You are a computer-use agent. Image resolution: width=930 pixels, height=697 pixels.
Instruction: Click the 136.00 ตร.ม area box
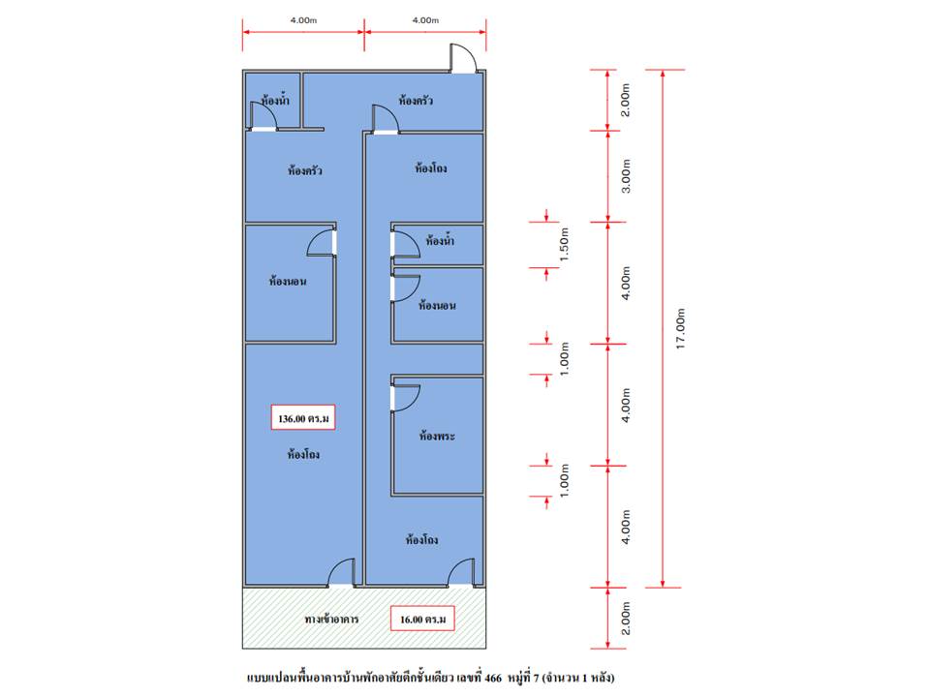[x=303, y=417]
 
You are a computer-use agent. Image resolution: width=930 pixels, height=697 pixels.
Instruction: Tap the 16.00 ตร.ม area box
[x=422, y=619]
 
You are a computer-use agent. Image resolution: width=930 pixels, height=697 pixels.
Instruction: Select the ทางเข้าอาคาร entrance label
[x=331, y=619]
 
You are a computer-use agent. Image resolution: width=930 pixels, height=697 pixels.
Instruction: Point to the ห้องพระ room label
[x=437, y=436]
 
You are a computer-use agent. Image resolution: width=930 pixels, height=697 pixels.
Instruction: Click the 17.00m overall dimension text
[x=680, y=328]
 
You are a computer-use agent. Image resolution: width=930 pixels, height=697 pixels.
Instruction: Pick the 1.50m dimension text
[x=564, y=244]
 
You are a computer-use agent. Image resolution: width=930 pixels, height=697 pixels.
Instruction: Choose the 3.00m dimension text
[x=626, y=176]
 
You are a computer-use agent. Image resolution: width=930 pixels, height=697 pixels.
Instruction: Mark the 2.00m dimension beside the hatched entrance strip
[x=626, y=619]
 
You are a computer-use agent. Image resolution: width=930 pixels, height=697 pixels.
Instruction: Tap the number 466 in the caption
[x=493, y=678]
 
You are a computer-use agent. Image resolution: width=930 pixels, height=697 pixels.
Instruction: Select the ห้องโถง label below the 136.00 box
[x=303, y=455]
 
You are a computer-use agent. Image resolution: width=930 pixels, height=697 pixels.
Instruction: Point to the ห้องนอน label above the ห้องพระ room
[x=437, y=305]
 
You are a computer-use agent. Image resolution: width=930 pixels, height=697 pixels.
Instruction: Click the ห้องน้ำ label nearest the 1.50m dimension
[x=440, y=241]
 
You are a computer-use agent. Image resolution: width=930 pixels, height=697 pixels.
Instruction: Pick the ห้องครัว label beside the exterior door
[x=416, y=100]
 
